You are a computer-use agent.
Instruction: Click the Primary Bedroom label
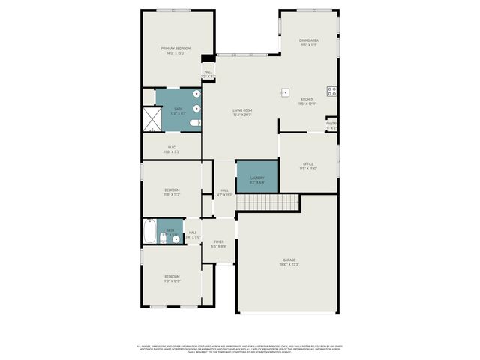tap(175, 51)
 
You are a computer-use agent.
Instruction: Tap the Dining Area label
tap(309, 42)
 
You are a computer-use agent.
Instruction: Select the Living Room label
tap(242, 112)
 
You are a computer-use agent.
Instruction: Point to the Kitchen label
tap(307, 101)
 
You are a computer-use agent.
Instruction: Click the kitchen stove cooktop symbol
tap(331, 91)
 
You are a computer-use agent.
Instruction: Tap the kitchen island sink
tap(285, 93)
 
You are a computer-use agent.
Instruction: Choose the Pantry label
tap(331, 125)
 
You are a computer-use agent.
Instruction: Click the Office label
tap(308, 166)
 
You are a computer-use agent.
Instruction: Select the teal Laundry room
tap(257, 177)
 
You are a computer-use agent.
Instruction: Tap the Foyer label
tap(219, 244)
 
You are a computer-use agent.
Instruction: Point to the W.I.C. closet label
tap(172, 148)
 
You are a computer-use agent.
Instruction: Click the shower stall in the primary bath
tap(151, 118)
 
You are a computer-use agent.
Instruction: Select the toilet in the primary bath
tap(194, 122)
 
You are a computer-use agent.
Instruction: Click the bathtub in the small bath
tap(148, 232)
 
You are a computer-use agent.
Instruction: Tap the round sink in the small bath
tap(177, 239)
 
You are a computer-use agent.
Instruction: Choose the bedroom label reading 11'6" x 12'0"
tap(172, 279)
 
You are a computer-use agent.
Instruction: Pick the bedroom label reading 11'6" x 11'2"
tap(172, 192)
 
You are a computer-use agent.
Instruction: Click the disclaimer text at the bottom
tap(239, 348)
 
